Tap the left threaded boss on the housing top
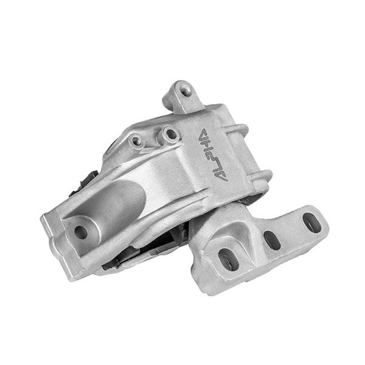137,141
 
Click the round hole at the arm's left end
80,231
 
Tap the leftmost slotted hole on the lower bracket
228,258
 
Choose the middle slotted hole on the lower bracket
271,240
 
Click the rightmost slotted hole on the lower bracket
311,223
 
